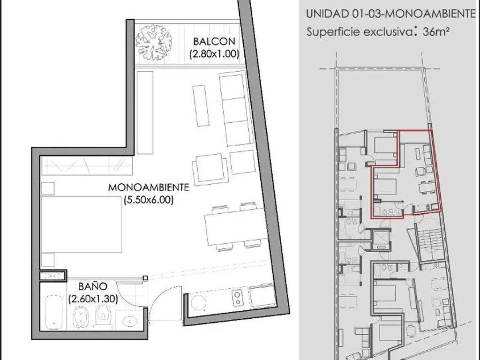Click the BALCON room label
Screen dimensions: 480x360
214,41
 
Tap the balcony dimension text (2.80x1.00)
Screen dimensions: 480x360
214,54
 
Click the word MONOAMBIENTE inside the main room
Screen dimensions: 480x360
149,187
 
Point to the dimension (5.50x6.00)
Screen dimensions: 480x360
149,200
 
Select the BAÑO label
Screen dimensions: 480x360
93,286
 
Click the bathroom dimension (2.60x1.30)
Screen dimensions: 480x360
93,299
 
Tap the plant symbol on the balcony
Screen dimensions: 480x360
154,43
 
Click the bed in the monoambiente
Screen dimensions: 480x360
82,225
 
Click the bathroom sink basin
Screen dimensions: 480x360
130,322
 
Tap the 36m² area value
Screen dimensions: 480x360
435,31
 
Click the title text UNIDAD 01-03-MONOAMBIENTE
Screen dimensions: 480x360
391,14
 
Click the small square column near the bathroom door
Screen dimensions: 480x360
145,278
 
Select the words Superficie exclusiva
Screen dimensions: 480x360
360,31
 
